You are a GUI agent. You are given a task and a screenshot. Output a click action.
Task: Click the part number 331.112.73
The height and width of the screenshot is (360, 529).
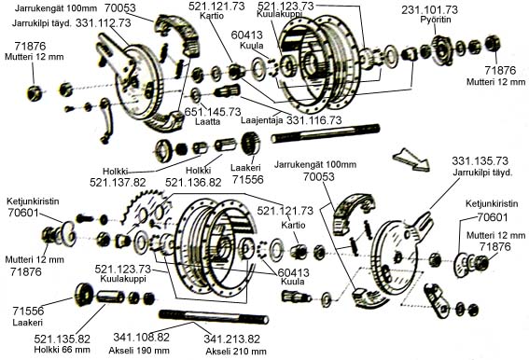(x=104, y=23)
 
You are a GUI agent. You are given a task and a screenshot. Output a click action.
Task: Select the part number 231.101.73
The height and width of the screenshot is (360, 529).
(x=429, y=9)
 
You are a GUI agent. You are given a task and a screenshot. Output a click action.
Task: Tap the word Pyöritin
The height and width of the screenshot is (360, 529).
(x=436, y=20)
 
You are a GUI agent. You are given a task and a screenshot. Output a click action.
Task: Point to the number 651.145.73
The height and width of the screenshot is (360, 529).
(x=213, y=112)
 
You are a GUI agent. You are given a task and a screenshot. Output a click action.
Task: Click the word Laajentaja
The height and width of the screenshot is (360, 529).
(x=262, y=120)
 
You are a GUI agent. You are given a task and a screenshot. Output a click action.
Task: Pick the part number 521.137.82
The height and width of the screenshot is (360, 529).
(x=118, y=183)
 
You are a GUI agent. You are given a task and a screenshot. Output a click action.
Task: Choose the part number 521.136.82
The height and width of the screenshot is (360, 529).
(x=193, y=183)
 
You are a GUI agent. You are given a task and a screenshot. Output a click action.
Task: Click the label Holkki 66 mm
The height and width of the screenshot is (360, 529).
(x=63, y=350)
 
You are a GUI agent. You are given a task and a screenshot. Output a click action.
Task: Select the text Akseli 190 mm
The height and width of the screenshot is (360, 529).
(x=139, y=351)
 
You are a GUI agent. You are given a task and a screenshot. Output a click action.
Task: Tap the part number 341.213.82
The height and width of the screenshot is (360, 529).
(x=232, y=339)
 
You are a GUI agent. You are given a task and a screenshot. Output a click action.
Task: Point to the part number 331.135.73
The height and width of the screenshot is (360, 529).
(x=480, y=161)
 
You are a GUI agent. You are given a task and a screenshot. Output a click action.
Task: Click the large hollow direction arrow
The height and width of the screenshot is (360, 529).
(x=411, y=159)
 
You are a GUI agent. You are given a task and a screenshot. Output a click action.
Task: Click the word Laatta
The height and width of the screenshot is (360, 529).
(x=207, y=121)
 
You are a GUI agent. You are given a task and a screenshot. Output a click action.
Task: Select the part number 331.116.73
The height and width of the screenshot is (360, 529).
(x=314, y=119)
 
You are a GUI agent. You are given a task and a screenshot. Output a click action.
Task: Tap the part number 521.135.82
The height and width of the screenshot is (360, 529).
(x=63, y=339)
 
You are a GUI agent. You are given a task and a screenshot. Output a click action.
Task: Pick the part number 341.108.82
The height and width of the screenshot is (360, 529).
(x=142, y=337)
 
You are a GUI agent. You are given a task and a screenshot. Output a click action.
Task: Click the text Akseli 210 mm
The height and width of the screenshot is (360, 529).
(x=236, y=352)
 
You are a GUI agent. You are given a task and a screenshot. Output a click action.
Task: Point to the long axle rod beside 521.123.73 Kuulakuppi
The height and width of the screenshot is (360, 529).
(x=326, y=133)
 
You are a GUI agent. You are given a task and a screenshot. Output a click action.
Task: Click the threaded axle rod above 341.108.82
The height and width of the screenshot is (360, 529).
(x=214, y=316)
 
